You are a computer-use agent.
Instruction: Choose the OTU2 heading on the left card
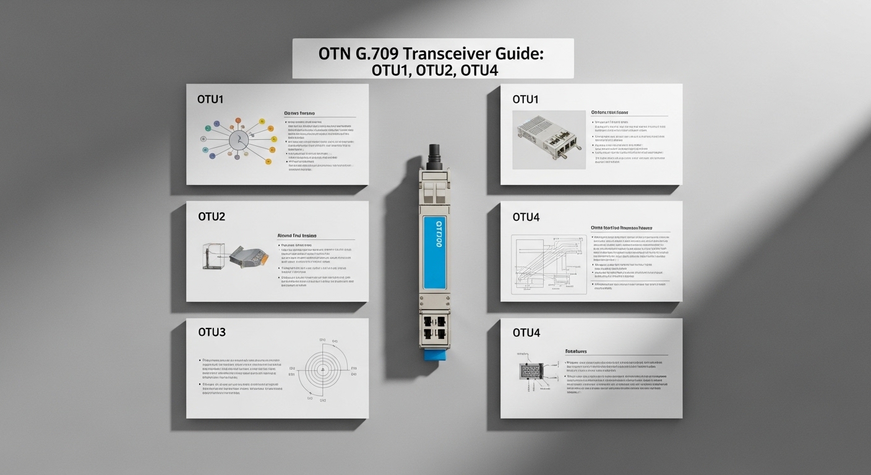tap(212, 216)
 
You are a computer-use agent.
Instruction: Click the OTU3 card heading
tap(212, 332)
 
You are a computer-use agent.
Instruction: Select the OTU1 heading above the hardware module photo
tap(526, 99)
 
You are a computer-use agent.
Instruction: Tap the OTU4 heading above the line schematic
tap(526, 217)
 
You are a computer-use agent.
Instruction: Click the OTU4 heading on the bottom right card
tap(526, 333)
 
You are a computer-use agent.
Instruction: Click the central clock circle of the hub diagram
tap(238, 140)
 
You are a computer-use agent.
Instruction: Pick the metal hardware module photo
tap(549, 140)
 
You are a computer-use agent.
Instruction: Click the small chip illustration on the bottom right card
tap(531, 371)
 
